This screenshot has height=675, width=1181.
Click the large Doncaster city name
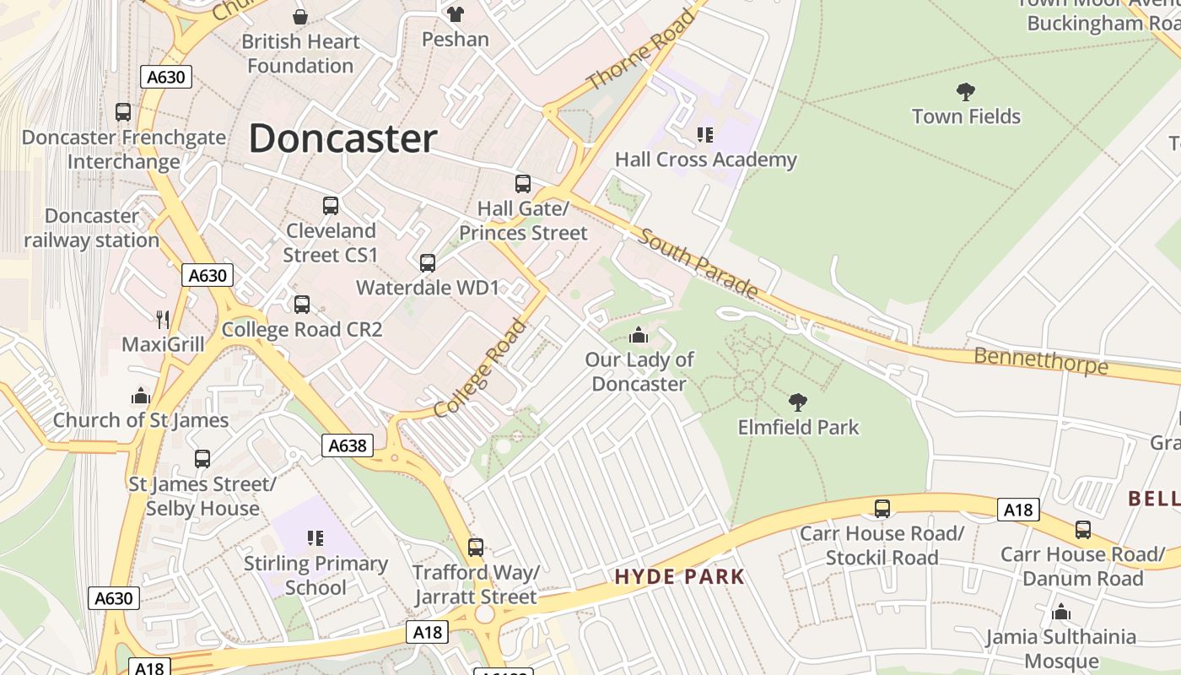342,138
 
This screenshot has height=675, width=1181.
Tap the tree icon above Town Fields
966,91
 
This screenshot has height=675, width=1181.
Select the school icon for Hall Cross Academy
705,134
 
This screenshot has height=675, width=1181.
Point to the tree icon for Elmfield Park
797,402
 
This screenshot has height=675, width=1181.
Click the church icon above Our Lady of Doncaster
639,335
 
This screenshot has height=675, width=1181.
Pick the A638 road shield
348,445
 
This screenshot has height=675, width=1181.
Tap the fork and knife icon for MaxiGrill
163,319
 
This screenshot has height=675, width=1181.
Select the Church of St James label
141,420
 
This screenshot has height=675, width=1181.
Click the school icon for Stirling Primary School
315,537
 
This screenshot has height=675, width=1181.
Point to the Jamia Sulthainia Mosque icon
1061,611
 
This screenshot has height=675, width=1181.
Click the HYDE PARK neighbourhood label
680,577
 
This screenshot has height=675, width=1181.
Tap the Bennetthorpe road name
1041,361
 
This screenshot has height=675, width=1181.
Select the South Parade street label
698,262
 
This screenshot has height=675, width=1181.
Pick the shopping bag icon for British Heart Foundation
299,16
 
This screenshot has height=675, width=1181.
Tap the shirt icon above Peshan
456,13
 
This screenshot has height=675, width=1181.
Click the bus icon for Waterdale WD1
428,262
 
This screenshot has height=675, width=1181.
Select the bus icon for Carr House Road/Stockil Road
882,508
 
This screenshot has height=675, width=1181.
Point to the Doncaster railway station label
91,228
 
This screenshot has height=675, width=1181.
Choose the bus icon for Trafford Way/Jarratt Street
476,547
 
